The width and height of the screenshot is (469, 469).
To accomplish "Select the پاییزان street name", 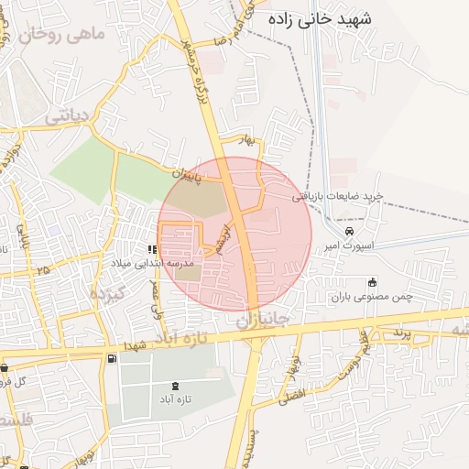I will tap(197, 171).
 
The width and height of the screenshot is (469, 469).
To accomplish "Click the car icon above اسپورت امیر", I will tap(349, 232).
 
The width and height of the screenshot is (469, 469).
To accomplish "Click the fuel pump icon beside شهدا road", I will tap(112, 358).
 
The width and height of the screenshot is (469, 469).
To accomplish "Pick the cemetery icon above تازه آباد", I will tap(176, 385).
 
